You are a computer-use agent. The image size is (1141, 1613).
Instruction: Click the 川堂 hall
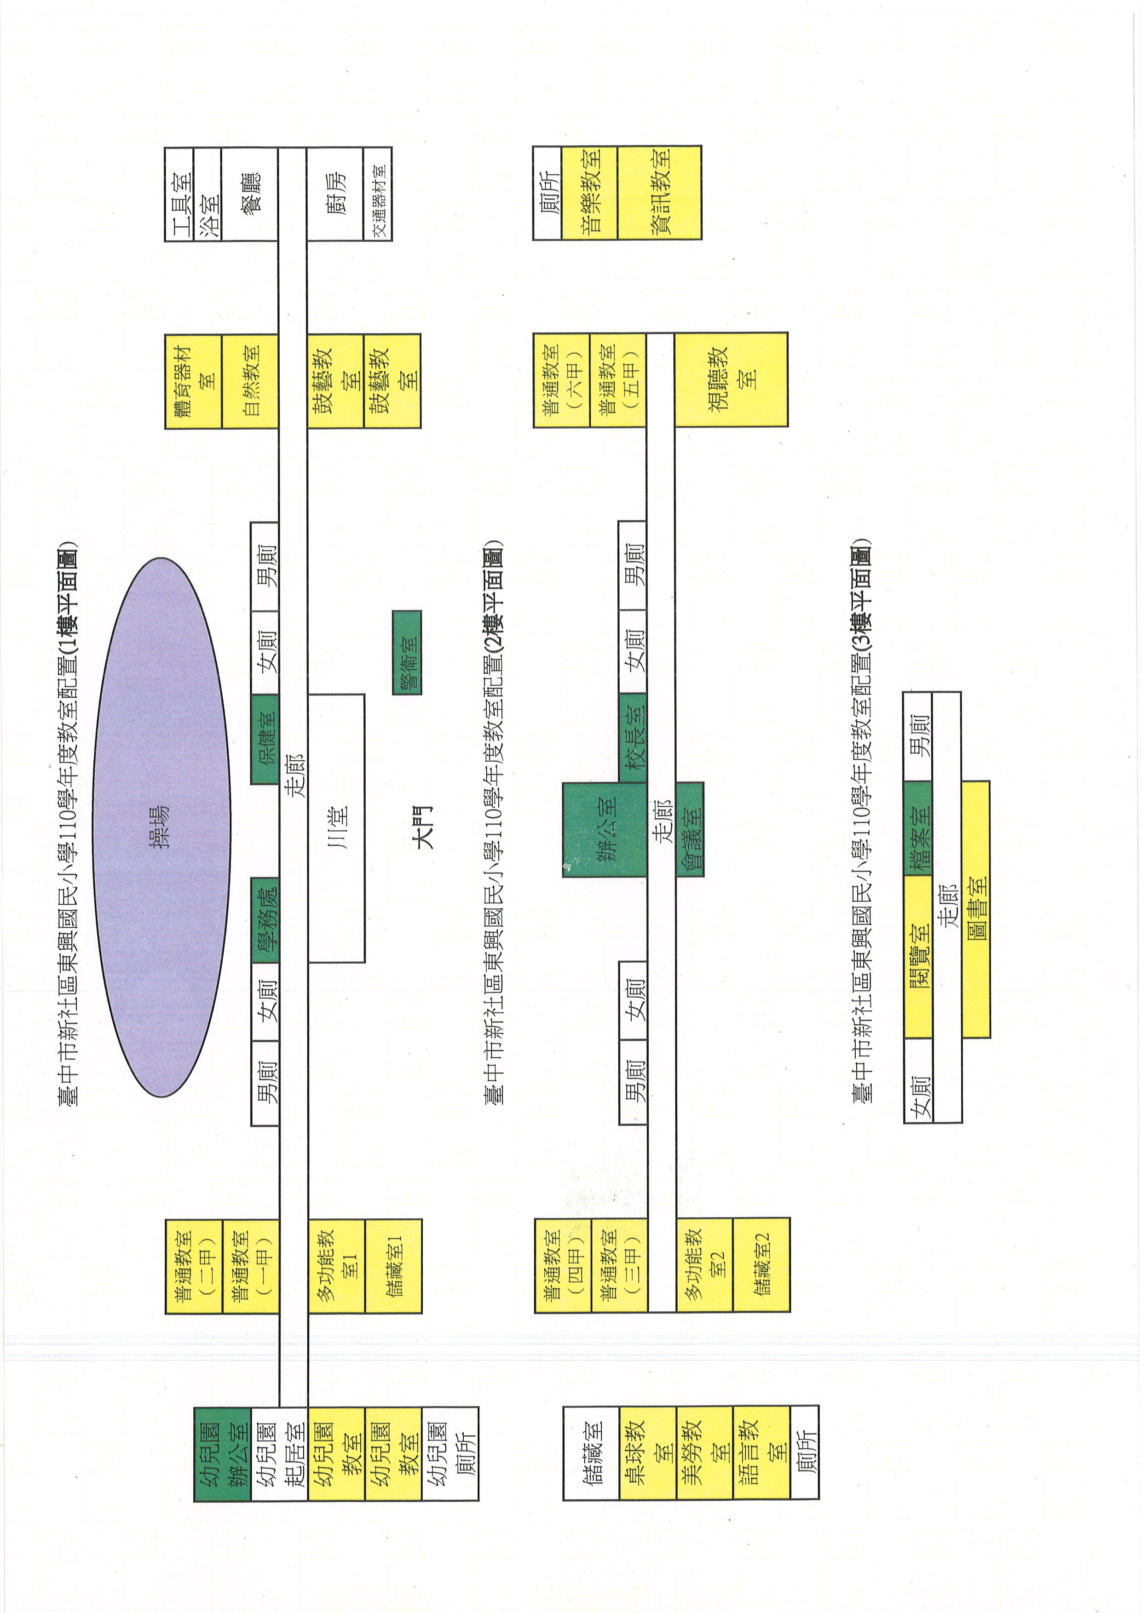(336, 827)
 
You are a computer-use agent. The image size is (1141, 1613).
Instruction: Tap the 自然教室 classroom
(249, 381)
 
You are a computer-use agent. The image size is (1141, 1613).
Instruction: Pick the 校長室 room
(632, 738)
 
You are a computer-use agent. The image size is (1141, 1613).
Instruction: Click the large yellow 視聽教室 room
(731, 379)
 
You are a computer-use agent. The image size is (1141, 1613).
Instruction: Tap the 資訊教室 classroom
(659, 193)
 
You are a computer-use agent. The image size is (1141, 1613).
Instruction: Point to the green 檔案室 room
(917, 829)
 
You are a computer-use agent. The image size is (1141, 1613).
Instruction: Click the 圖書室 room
(975, 909)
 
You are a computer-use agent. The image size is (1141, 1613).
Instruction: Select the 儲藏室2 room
(761, 1264)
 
